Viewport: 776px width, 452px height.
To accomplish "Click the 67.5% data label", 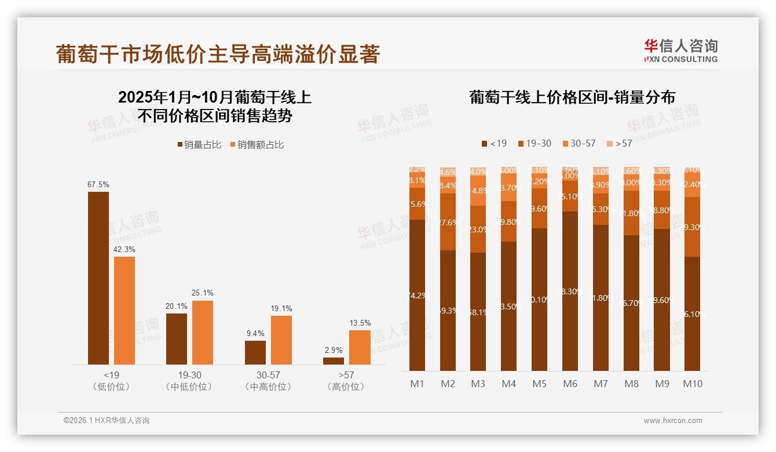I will [x=98, y=184].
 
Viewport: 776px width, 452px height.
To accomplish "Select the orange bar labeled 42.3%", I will [x=125, y=310].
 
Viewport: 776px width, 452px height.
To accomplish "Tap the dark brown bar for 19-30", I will [x=177, y=338].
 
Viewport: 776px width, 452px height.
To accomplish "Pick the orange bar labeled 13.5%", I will [x=360, y=347].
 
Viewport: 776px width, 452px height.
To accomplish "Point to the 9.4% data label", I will [x=255, y=333].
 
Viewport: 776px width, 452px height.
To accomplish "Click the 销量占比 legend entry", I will [x=199, y=145].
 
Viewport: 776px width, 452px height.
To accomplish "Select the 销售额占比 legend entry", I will [x=257, y=145].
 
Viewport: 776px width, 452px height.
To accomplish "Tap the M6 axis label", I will [x=570, y=384].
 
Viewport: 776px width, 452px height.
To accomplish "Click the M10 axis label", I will [x=692, y=384].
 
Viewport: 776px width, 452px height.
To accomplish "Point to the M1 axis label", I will [x=417, y=384].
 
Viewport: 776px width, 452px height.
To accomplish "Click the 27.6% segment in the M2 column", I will [x=448, y=222].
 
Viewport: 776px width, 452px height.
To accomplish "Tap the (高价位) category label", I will [x=346, y=387].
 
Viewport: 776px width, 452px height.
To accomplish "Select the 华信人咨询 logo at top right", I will [x=681, y=50].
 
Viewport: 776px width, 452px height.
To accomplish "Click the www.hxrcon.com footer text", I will [x=673, y=421].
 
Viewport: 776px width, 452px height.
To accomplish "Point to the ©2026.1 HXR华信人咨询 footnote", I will [x=106, y=421].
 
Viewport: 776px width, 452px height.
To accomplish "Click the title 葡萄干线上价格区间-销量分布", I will [x=572, y=97].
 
